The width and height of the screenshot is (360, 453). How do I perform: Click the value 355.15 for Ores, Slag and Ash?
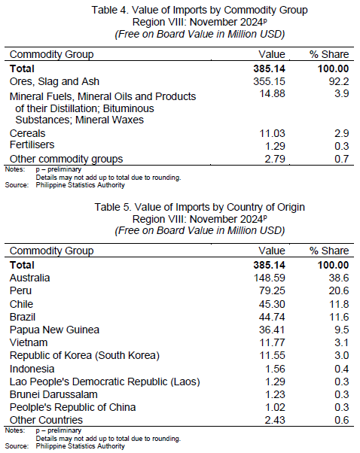[x=269, y=81]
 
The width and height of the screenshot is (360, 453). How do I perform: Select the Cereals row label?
[x=27, y=133]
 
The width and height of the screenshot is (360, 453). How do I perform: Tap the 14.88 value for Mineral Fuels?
[x=272, y=93]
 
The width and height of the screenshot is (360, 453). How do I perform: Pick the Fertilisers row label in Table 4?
[x=32, y=144]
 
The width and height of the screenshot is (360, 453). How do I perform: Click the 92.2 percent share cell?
[x=339, y=81]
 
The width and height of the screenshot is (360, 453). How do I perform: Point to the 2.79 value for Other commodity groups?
[x=275, y=159]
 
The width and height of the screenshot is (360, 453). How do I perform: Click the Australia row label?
[x=30, y=278]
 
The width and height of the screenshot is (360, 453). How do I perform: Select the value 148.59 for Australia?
[x=269, y=278]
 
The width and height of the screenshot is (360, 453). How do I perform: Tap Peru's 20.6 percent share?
[x=339, y=290]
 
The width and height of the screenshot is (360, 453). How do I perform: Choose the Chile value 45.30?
[x=272, y=304]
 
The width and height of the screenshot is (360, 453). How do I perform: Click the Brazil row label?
[x=23, y=318]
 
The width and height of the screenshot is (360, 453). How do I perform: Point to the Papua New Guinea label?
[x=54, y=330]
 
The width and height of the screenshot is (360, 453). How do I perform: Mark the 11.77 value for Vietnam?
[x=272, y=342]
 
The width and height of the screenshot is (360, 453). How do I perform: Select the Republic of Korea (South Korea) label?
[x=84, y=355]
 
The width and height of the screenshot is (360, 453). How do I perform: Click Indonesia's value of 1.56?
[x=275, y=369]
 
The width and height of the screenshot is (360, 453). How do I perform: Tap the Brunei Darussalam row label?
[x=53, y=394]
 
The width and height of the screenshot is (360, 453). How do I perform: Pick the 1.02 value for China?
[x=275, y=407]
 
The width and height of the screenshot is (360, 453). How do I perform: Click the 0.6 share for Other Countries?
[x=341, y=420]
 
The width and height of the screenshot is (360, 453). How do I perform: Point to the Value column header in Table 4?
[x=272, y=54]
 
